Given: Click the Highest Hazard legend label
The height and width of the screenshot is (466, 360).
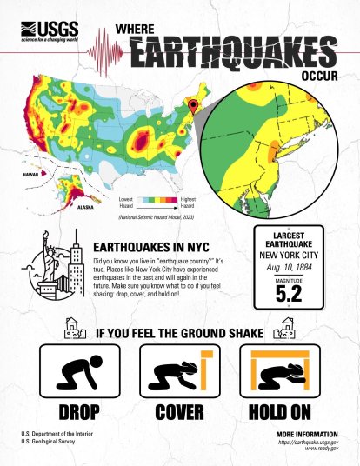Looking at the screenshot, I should pyautogui.click(x=190, y=202).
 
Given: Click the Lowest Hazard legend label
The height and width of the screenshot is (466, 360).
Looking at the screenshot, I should pyautogui.click(x=126, y=202).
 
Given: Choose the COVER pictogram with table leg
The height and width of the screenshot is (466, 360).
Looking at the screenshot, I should pyautogui.click(x=179, y=374).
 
